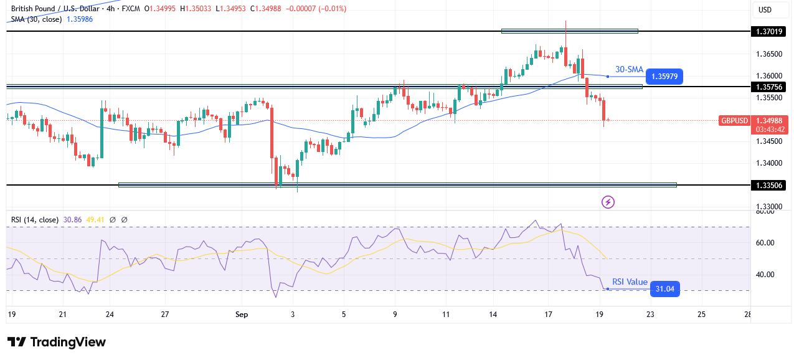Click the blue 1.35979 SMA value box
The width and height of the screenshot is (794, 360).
click(x=664, y=77)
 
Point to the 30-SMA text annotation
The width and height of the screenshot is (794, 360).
click(x=629, y=69)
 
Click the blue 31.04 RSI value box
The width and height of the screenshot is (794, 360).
click(x=664, y=289)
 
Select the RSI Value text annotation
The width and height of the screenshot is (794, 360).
click(x=630, y=282)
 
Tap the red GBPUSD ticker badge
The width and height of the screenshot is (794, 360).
click(x=734, y=121)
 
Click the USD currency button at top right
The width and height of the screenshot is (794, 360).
click(x=764, y=9)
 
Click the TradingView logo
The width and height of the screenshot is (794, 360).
click(x=57, y=342)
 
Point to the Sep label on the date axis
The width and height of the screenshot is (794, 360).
click(x=242, y=315)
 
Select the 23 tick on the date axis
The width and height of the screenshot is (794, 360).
click(x=650, y=315)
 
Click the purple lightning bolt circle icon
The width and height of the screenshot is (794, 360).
click(x=608, y=202)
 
